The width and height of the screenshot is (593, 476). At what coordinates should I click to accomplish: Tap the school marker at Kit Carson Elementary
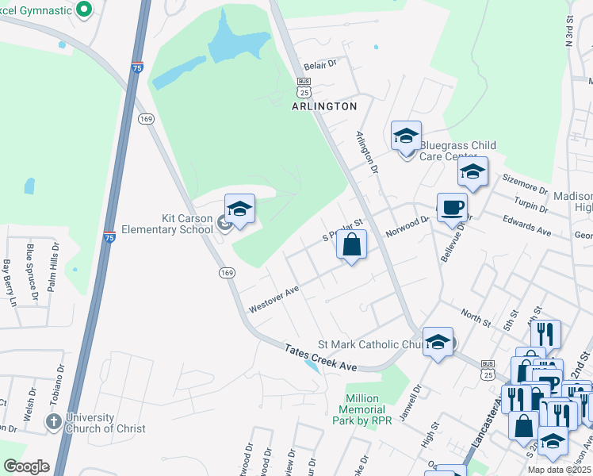pos(239,209)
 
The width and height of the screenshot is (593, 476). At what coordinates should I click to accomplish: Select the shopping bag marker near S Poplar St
pos(352,244)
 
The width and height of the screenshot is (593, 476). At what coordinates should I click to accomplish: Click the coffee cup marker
pos(452,208)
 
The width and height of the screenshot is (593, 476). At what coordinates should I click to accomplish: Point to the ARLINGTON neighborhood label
pos(324,106)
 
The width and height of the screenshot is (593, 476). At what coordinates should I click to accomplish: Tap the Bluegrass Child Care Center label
pos(457,151)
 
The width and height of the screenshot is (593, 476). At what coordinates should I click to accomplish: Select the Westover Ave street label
pos(274,300)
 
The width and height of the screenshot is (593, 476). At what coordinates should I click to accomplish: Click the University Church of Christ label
pos(105,423)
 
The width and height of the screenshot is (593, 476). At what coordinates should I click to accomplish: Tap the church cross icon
pos(54,422)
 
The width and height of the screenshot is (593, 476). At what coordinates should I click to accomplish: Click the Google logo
pos(26,466)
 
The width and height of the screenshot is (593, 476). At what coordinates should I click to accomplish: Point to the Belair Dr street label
pos(321,63)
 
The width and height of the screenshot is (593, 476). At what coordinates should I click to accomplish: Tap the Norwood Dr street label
pos(407,228)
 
